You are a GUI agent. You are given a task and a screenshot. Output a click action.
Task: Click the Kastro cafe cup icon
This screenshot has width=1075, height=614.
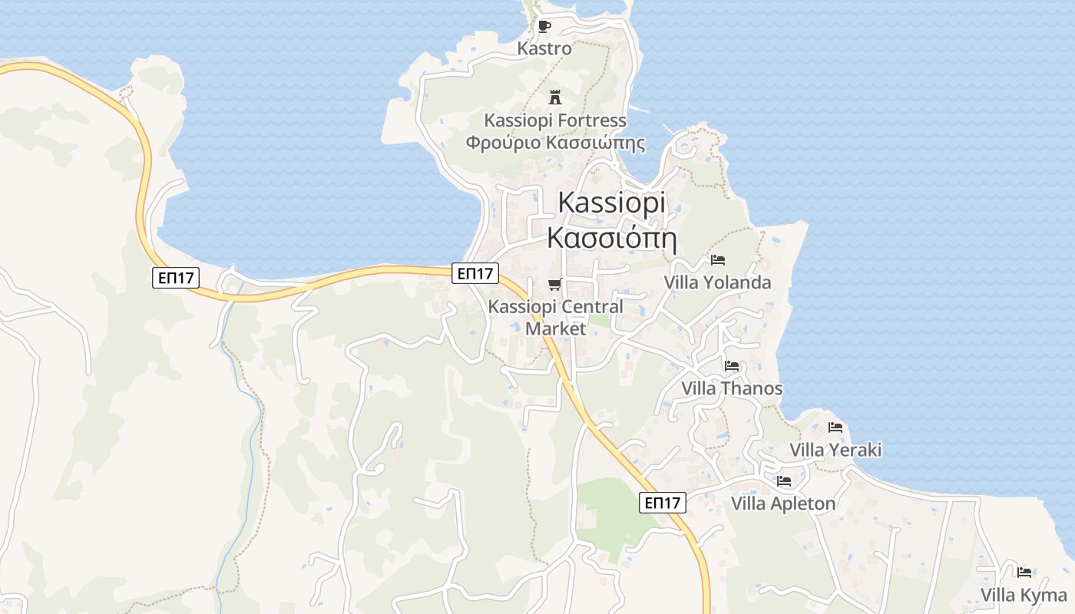[544, 27]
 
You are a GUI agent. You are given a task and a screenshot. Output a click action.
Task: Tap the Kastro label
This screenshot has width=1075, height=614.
[544, 48]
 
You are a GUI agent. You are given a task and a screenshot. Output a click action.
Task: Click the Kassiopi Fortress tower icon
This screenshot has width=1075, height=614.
[555, 97]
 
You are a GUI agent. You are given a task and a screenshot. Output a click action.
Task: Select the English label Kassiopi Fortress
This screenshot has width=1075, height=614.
[555, 120]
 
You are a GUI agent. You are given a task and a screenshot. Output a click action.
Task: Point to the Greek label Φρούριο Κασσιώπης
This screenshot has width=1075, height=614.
[555, 143]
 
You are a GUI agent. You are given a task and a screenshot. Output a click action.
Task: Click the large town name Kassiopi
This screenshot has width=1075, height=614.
[612, 202]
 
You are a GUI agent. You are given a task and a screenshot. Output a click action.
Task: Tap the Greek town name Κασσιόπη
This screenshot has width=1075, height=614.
[612, 238]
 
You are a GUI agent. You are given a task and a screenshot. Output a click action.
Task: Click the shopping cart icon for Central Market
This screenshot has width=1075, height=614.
[555, 285]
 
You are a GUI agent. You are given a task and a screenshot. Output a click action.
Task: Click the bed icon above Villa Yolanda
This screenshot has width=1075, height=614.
[718, 260]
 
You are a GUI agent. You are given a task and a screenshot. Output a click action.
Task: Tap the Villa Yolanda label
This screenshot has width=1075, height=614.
[717, 282]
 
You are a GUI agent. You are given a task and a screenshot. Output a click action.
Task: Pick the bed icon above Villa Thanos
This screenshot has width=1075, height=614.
[732, 366]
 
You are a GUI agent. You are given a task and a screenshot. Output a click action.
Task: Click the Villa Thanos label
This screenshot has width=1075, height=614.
[732, 388]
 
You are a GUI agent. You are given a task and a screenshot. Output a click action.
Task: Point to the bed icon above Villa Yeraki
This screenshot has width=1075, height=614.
[835, 427]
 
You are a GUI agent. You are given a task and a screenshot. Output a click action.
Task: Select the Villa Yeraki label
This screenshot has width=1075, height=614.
[835, 450]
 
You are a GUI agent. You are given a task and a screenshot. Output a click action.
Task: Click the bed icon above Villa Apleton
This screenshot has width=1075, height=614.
[784, 481]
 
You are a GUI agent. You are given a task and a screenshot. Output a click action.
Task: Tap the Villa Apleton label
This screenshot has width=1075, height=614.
[783, 503]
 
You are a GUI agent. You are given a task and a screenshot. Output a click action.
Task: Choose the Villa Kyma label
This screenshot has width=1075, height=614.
[1024, 595]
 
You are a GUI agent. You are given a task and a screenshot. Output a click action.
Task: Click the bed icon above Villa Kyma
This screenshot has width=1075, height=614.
[1024, 573]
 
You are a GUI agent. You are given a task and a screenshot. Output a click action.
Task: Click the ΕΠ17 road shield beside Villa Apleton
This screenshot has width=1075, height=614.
[663, 503]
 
